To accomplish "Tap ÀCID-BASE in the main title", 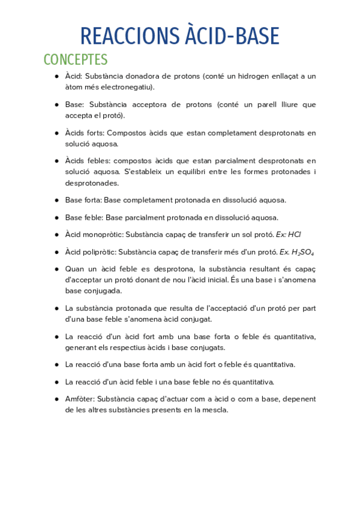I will (230, 37).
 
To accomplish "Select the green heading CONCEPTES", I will (76, 60).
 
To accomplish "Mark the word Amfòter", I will (79, 399).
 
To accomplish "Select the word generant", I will (81, 348).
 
